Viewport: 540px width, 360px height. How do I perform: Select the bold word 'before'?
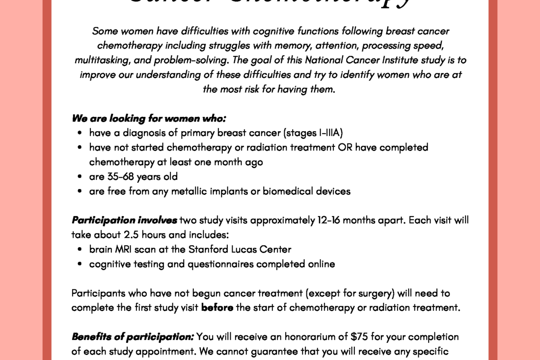(217, 307)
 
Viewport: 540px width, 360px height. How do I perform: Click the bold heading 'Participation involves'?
(124, 220)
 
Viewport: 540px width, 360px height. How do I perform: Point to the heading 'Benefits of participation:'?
(132, 337)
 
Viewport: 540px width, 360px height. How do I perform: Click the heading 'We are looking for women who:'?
(149, 118)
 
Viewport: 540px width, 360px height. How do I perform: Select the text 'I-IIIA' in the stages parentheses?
(331, 133)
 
